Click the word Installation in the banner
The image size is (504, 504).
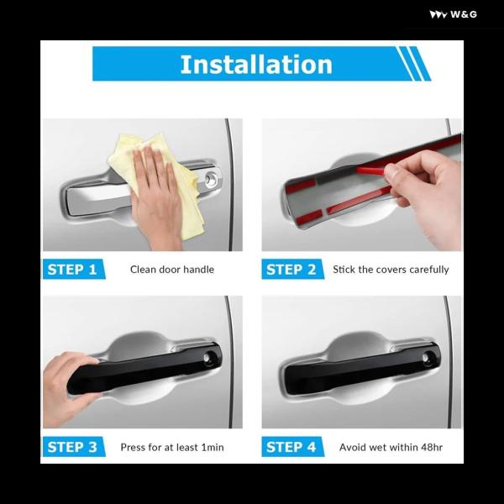pyautogui.click(x=256, y=65)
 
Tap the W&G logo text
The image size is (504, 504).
pyautogui.click(x=463, y=14)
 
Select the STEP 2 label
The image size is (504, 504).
pyautogui.click(x=291, y=270)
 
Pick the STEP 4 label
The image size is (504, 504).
pyautogui.click(x=291, y=447)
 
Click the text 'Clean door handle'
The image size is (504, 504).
pyautogui.click(x=172, y=270)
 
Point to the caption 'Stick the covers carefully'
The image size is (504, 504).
pyautogui.click(x=391, y=270)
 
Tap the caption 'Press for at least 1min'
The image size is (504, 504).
pyautogui.click(x=172, y=447)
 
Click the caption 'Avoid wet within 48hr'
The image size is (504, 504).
pyautogui.click(x=391, y=447)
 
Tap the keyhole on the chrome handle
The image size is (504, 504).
pyautogui.click(x=211, y=179)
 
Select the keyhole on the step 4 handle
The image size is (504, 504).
pyautogui.click(x=428, y=357)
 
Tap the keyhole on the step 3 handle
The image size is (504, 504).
pyautogui.click(x=209, y=357)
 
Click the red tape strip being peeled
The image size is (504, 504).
pyautogui.click(x=370, y=171)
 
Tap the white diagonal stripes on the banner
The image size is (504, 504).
pyautogui.click(x=413, y=64)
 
